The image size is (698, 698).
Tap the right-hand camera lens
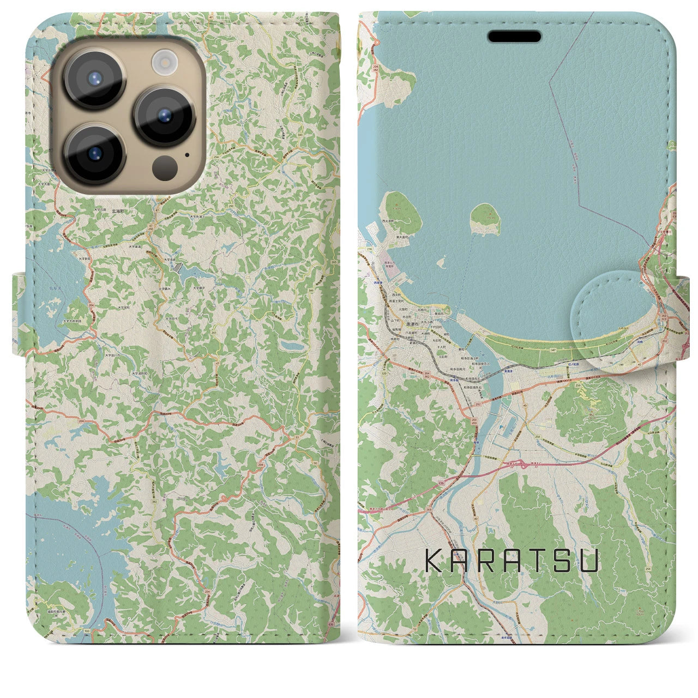coord(164,116)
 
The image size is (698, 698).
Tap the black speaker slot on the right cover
coord(514,37)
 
